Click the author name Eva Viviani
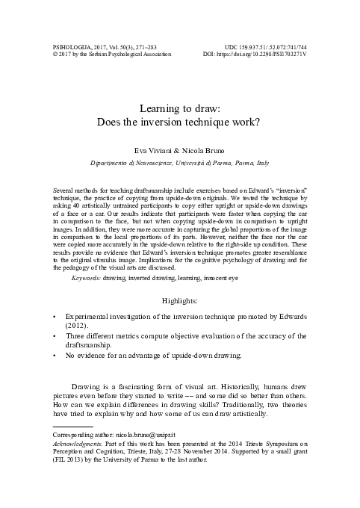coord(154,150)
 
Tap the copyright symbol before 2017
coord(47,55)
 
